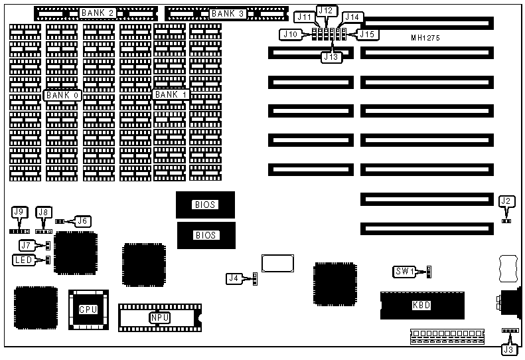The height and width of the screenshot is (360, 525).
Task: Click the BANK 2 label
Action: click(x=98, y=13)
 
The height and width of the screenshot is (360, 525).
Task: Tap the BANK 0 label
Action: click(x=62, y=95)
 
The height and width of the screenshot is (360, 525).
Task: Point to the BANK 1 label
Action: click(x=171, y=94)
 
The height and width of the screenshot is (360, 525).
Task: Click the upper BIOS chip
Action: click(x=206, y=205)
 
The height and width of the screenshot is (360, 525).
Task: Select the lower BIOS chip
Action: click(x=206, y=234)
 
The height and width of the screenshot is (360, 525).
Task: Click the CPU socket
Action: click(x=88, y=310)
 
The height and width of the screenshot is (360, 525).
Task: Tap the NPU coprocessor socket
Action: click(x=159, y=317)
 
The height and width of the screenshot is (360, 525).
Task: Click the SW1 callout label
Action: click(x=404, y=272)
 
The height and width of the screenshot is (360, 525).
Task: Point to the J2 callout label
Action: click(x=506, y=201)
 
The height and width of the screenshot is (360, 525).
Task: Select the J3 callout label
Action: click(x=508, y=349)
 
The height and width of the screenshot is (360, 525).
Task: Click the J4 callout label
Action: click(x=233, y=278)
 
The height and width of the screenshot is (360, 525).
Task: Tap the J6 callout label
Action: click(x=83, y=221)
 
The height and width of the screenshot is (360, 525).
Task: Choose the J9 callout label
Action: click(x=19, y=212)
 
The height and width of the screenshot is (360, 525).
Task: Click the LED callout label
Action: click(x=24, y=260)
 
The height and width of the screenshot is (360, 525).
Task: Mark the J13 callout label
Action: click(x=331, y=57)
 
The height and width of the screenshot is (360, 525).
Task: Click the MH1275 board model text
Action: click(x=425, y=38)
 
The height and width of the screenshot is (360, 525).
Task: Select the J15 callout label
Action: click(x=369, y=33)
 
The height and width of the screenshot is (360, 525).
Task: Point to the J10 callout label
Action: click(x=289, y=33)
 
